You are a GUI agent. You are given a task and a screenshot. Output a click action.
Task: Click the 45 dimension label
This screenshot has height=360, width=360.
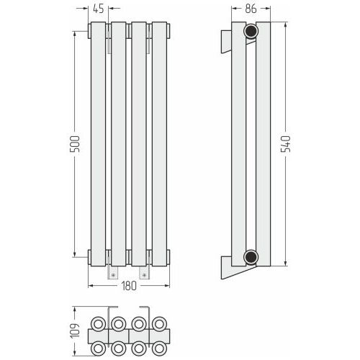click(x=99, y=9)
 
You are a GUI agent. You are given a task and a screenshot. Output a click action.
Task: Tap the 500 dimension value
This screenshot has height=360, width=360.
click(x=74, y=144)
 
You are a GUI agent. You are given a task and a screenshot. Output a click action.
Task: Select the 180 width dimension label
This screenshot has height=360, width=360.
click(x=129, y=286)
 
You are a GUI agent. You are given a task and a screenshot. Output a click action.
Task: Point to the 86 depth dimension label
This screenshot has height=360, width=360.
click(x=251, y=9)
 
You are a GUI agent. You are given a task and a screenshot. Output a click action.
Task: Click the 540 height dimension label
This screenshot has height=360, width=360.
click(x=286, y=144)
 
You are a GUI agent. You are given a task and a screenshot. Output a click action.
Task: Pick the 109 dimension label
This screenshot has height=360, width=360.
click(x=75, y=330)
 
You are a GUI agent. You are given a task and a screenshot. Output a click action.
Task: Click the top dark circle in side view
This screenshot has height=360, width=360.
click(x=251, y=31)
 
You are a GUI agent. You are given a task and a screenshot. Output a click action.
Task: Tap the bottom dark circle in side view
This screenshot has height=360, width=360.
click(x=251, y=257)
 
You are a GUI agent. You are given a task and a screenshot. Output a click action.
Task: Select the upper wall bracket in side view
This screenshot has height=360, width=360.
click(x=226, y=41)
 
